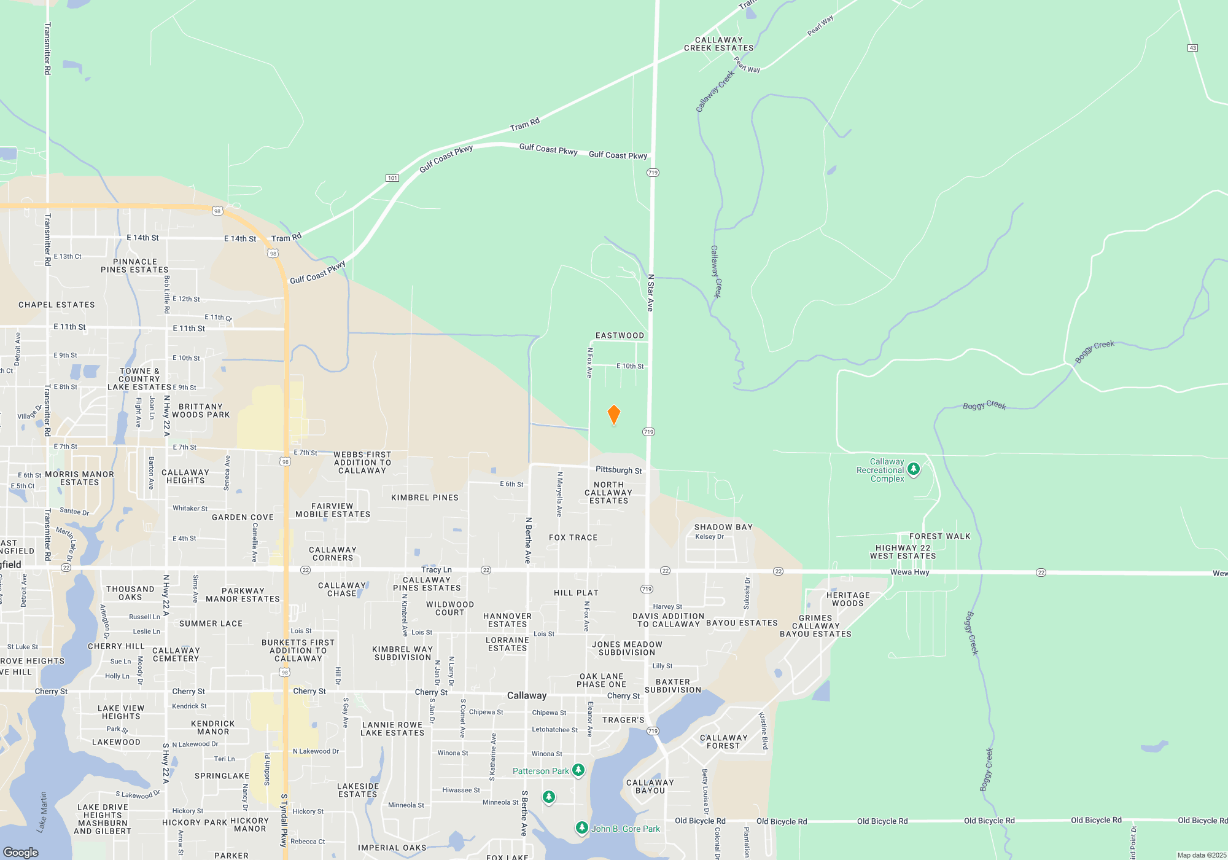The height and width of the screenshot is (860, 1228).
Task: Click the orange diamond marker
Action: click(x=613, y=415)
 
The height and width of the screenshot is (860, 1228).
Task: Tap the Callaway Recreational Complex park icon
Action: click(x=914, y=470)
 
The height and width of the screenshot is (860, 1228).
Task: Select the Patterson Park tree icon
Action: click(x=578, y=770)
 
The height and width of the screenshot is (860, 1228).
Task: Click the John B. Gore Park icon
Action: click(x=581, y=828)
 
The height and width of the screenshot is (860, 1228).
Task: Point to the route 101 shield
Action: click(x=392, y=178)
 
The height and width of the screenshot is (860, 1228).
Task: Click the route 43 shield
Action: click(x=1192, y=48)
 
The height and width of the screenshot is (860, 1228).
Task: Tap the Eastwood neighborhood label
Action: click(x=620, y=335)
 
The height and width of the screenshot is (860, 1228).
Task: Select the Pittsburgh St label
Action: click(x=618, y=470)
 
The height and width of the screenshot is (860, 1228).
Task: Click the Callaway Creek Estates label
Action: click(x=718, y=44)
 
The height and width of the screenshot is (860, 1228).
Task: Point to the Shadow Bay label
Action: click(x=723, y=527)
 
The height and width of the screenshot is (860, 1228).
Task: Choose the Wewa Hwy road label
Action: click(x=909, y=572)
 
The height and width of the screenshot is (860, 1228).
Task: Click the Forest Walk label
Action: click(x=939, y=536)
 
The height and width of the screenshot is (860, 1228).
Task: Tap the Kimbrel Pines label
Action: click(x=424, y=498)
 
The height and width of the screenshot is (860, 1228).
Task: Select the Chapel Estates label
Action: click(x=56, y=305)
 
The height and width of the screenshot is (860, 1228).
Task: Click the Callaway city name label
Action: click(x=526, y=695)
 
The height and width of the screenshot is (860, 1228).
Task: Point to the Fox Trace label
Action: click(x=573, y=537)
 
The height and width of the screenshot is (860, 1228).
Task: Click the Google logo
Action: click(x=21, y=853)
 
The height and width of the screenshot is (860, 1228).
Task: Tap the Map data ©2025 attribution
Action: click(x=1201, y=855)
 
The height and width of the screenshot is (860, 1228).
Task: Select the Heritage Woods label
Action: click(x=847, y=600)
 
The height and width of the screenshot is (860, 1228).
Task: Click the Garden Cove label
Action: click(x=243, y=517)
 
